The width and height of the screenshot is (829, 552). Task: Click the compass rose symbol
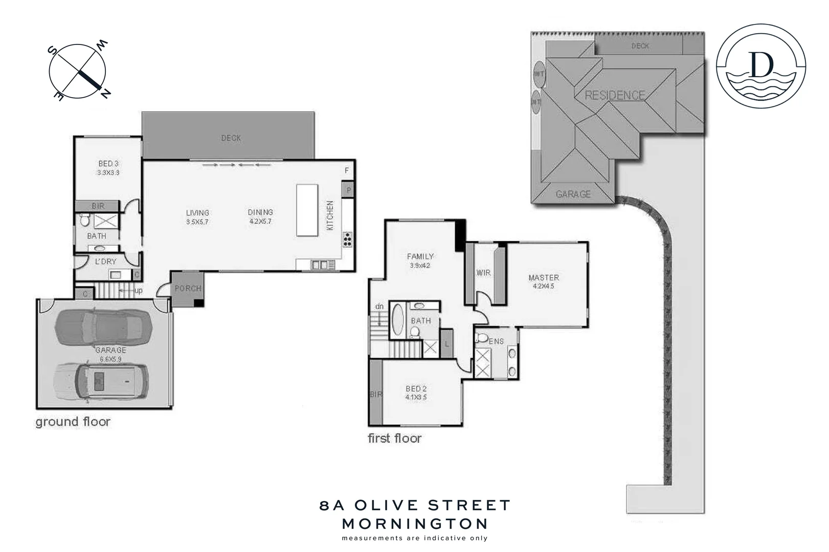pos(77,72)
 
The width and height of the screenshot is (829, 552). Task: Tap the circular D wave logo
pos(760,66)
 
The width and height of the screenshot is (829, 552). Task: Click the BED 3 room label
pos(108,164)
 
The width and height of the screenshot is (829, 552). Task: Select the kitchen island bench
pos(307,210)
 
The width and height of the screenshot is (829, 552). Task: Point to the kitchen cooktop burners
pos(348,239)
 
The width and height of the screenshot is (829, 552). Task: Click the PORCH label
pos(188,289)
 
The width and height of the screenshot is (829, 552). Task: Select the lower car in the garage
pos(101,381)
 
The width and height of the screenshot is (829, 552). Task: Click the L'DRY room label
pos(106,262)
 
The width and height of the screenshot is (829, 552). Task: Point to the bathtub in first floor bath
pos(397,320)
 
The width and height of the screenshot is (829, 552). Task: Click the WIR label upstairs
pos(483,273)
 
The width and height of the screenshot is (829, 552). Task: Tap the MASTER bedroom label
pos(544,278)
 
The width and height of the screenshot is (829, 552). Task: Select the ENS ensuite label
pos(496,341)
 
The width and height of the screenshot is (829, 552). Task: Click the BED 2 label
pos(416,389)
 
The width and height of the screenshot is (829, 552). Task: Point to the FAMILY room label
pos(420,257)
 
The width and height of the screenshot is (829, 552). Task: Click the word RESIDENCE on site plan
pos(615,96)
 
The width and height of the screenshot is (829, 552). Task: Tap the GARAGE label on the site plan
pos(573,194)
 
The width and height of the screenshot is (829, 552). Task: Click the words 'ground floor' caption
pos(73,422)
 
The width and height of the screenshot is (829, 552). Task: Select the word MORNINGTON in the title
pos(415,524)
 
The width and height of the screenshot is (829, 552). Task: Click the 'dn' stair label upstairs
pos(379,307)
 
